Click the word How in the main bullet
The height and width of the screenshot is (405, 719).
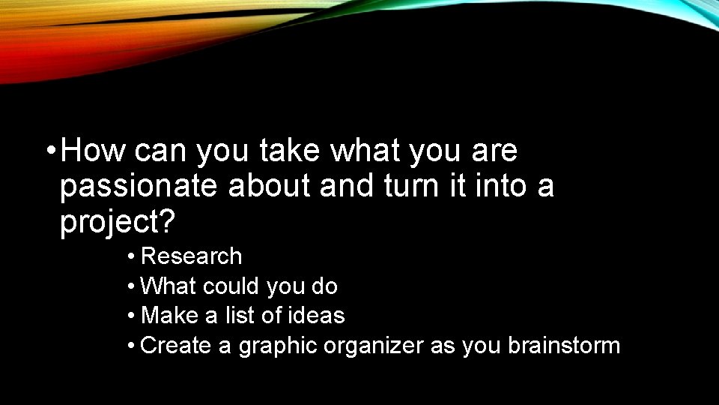(x=94, y=151)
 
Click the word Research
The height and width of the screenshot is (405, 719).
(x=191, y=256)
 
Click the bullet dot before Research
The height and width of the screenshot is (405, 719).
(x=131, y=257)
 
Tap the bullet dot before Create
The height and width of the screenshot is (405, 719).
(x=131, y=346)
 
